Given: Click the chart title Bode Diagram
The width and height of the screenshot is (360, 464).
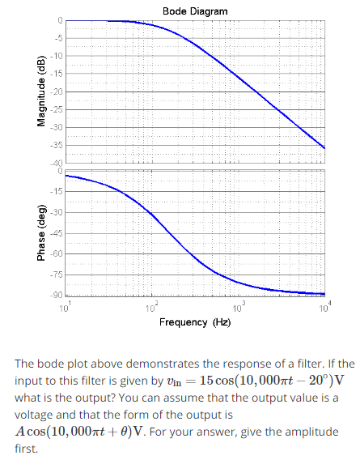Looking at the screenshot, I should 195,11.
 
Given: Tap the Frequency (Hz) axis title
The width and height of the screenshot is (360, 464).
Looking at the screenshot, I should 195,321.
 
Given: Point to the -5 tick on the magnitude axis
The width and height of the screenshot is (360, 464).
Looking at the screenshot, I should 58,37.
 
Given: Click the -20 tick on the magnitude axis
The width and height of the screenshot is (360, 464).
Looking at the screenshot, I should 57,92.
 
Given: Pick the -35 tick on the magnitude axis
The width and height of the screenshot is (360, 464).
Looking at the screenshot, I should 57,145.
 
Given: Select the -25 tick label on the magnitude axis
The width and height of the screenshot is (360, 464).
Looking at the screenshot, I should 57,109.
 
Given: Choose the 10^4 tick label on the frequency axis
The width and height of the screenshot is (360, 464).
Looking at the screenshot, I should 322,307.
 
